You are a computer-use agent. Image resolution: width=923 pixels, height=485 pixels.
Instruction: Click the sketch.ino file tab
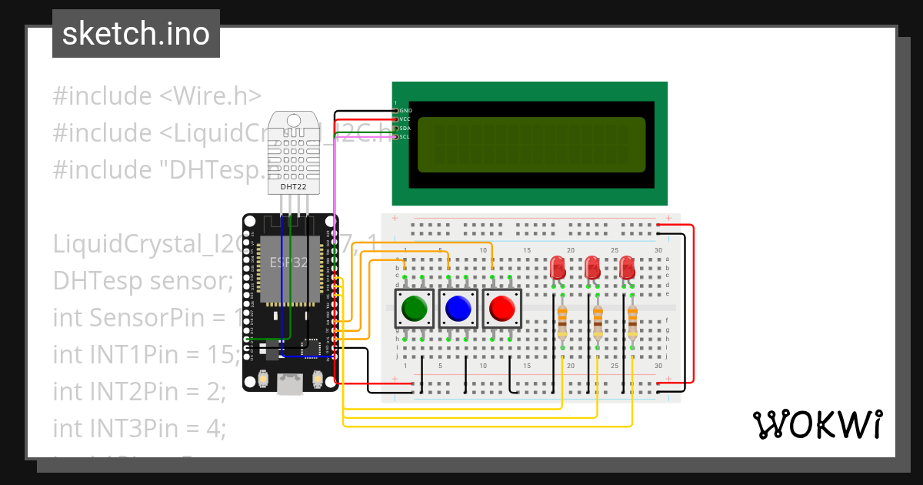tap(135, 34)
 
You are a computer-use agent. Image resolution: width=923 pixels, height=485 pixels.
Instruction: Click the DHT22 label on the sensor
tap(293, 186)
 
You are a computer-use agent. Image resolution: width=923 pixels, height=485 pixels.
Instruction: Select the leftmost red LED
tap(558, 267)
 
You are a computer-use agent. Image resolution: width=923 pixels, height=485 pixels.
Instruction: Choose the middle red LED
tap(592, 267)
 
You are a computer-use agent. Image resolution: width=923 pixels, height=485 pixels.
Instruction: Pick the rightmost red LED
tap(627, 267)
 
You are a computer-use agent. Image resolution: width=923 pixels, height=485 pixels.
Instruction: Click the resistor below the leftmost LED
tap(562, 321)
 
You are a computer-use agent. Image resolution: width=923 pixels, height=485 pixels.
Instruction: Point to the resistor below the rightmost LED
tap(632, 321)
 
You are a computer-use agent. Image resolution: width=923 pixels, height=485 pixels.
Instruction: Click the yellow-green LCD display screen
tap(531, 145)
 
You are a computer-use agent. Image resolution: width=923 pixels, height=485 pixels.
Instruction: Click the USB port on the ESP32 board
tap(290, 384)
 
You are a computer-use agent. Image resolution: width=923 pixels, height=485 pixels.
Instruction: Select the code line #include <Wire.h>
tap(157, 96)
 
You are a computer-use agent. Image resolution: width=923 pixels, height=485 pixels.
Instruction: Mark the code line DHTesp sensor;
tap(142, 281)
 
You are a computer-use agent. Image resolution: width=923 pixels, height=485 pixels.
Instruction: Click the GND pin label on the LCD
tap(405, 111)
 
